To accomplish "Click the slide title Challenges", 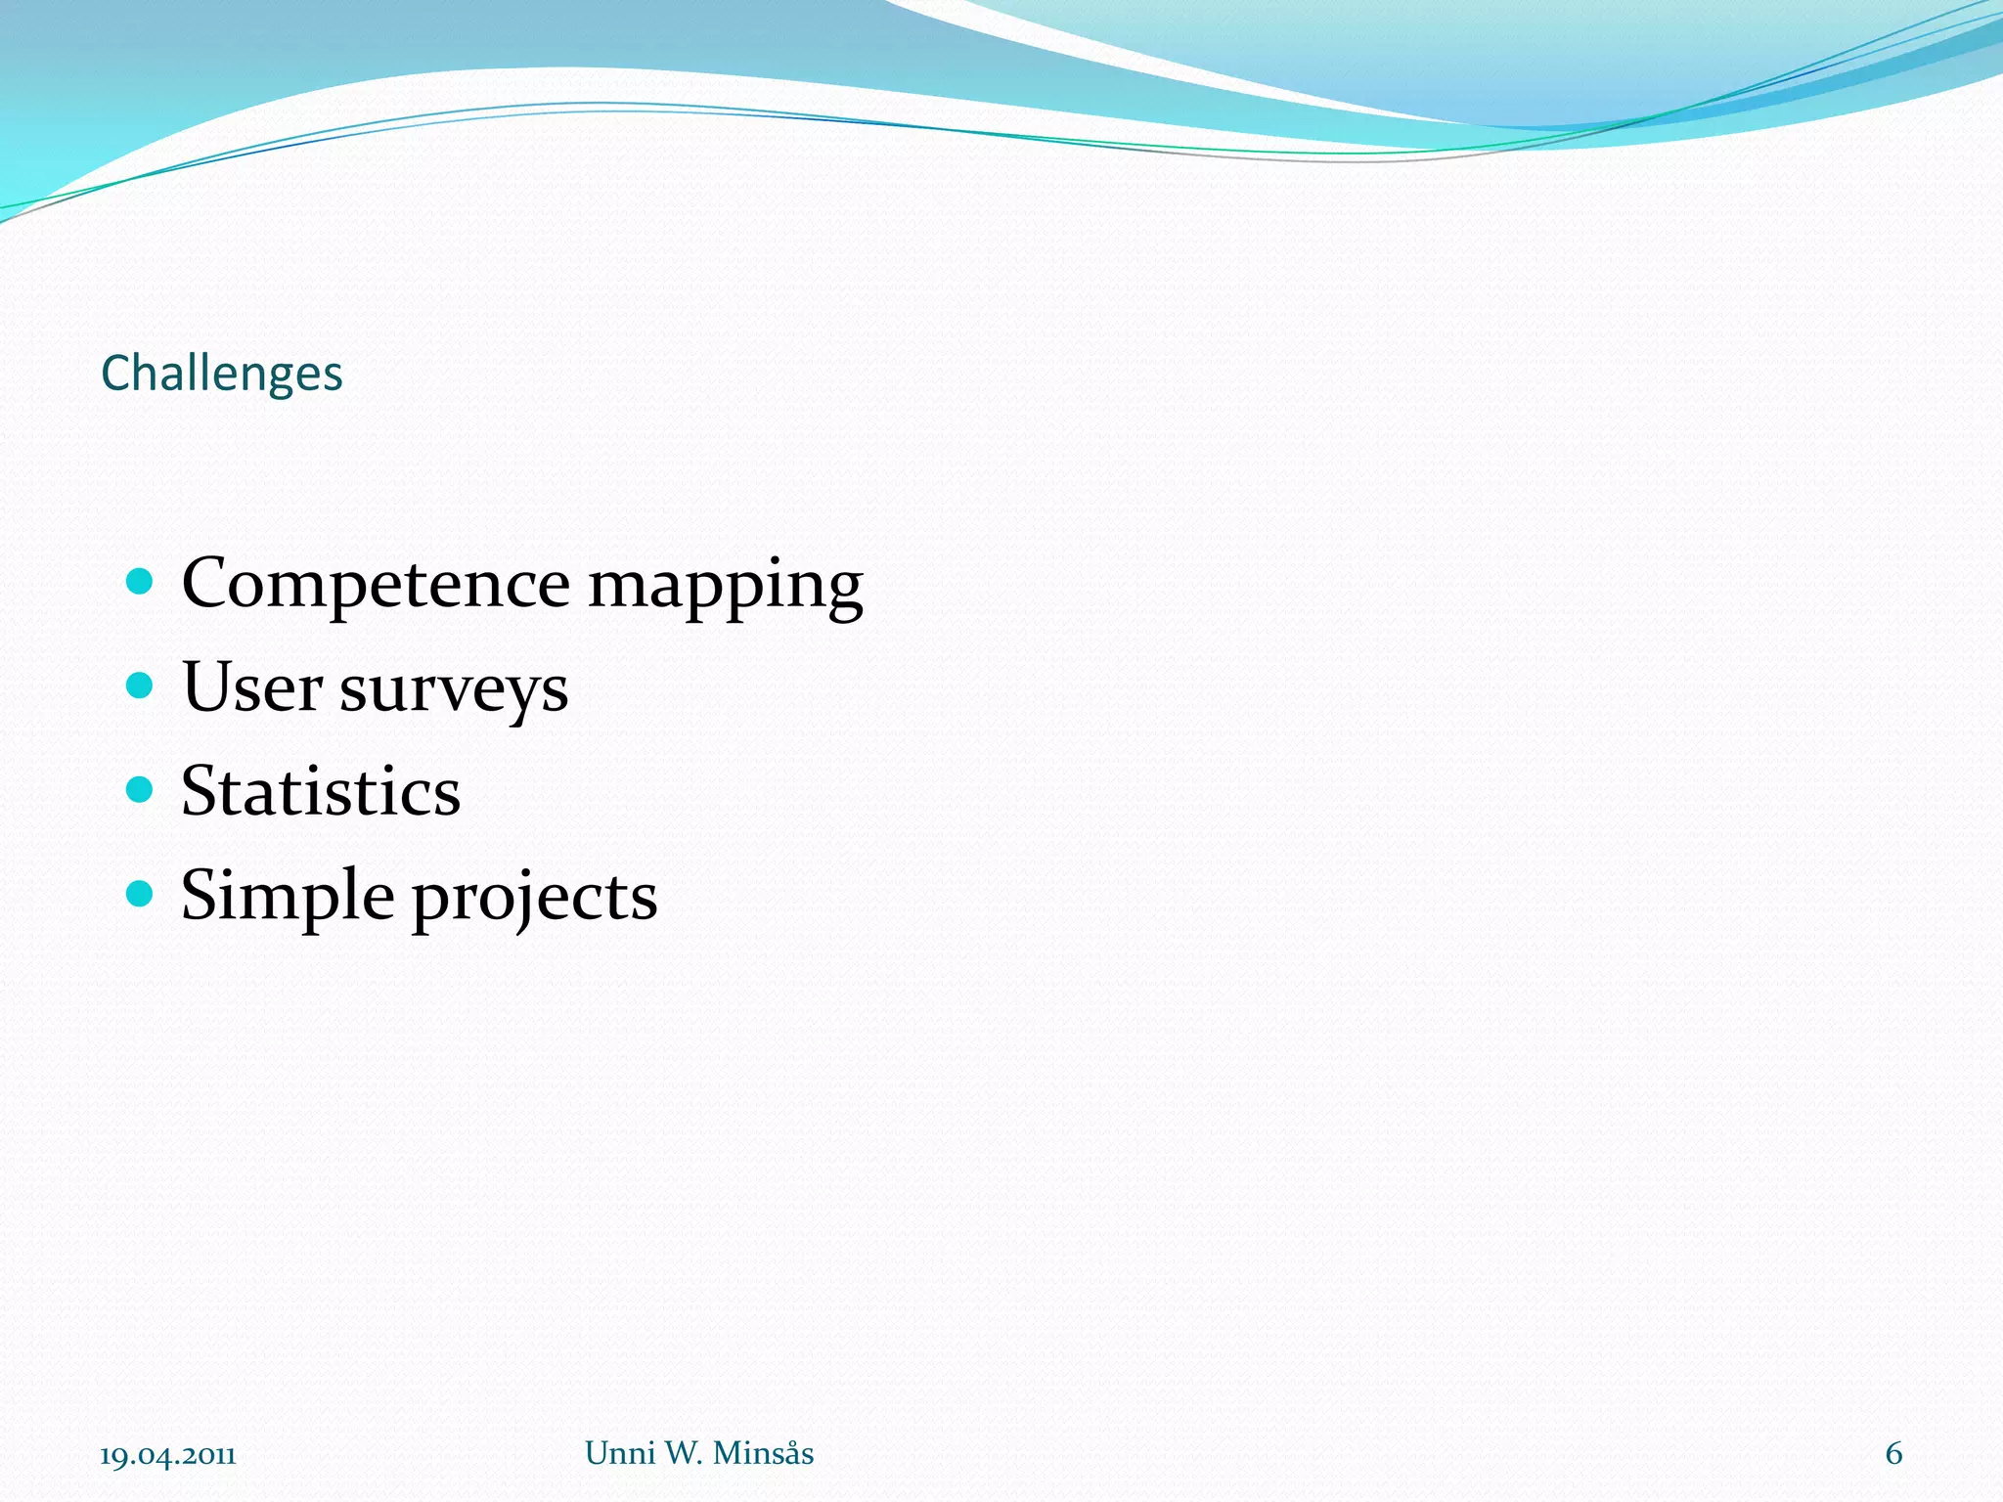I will pyautogui.click(x=222, y=374).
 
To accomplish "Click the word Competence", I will pyautogui.click(x=376, y=584).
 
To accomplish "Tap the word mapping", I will pyautogui.click(x=725, y=587).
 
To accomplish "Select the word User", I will pyautogui.click(x=251, y=686).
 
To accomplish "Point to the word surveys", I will pyautogui.click(x=454, y=690).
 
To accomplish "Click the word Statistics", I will pyautogui.click(x=321, y=791).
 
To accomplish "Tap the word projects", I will pyautogui.click(x=534, y=899).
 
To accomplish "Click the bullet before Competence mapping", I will pyautogui.click(x=141, y=582).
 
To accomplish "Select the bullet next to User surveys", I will pyautogui.click(x=141, y=685).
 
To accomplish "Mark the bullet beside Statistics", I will pyautogui.click(x=141, y=789).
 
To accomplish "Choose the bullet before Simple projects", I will pyautogui.click(x=141, y=893).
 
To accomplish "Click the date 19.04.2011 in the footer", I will pyautogui.click(x=168, y=1456).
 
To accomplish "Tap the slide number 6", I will pyautogui.click(x=1893, y=1454).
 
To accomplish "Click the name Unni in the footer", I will pyautogui.click(x=620, y=1453).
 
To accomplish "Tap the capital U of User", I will pyautogui.click(x=206, y=686).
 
